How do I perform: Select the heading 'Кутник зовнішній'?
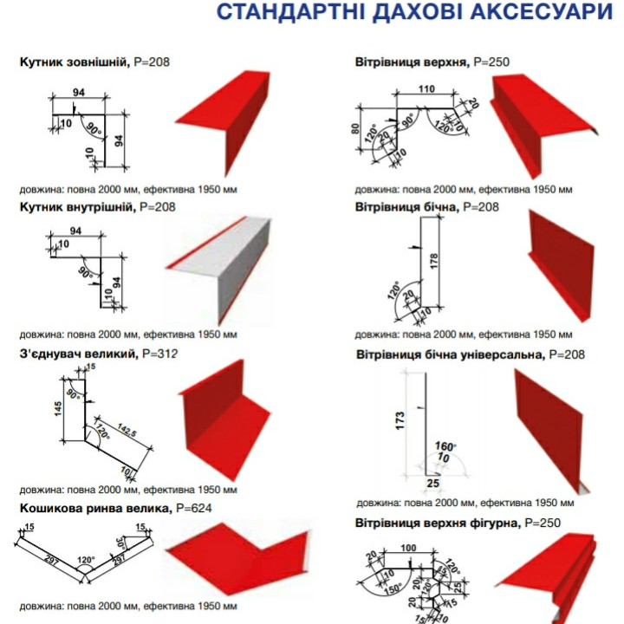tap(74, 62)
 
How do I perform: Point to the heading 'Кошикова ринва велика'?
tap(94, 508)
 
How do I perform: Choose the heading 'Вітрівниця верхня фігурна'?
tap(434, 523)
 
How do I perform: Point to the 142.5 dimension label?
tap(129, 433)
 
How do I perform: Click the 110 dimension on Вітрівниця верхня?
tap(426, 90)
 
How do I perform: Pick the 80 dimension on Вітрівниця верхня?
tap(356, 131)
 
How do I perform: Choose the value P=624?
tap(193, 508)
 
